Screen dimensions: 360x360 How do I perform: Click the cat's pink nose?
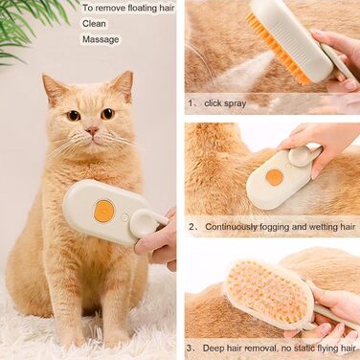pos(92,130)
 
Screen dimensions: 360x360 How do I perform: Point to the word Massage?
pos(101,39)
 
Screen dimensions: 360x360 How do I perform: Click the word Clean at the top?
pos(94,24)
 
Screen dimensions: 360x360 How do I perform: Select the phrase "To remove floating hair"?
pos(128,8)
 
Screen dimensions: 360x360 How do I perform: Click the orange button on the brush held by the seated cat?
pos(104,211)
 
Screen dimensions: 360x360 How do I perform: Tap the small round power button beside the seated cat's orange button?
pos(125,217)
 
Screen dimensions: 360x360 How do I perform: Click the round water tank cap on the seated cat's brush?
pos(143,222)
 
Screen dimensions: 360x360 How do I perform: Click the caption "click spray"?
pos(225,103)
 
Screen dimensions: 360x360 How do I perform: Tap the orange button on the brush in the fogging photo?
pos(275,177)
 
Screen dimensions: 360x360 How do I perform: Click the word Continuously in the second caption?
pos(231,227)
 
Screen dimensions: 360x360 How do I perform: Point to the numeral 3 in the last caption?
pos(190,348)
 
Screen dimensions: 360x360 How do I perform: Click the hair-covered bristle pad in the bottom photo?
pos(265,293)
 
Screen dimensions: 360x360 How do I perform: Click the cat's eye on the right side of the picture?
pos(107,114)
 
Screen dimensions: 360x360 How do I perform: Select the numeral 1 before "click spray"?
pos(191,103)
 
